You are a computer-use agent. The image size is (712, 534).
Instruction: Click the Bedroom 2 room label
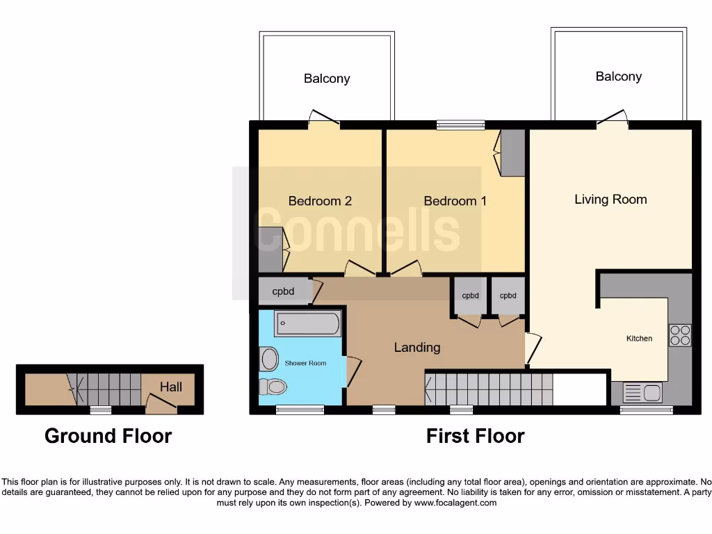320,201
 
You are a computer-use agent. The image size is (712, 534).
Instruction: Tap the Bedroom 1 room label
455,201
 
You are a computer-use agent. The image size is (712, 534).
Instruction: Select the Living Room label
610,200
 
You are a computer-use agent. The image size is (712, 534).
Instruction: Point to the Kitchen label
639,339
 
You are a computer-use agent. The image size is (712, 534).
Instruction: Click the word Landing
417,347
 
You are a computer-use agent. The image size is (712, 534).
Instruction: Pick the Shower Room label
305,363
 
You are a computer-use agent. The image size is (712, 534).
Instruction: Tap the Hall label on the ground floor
171,386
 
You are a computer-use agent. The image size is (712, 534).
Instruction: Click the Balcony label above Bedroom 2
327,79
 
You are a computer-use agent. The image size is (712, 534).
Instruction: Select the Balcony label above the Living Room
618,76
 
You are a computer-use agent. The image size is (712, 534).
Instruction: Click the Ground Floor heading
108,436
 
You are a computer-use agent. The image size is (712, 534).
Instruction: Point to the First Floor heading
475,436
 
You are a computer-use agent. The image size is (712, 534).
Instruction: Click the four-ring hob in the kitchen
679,335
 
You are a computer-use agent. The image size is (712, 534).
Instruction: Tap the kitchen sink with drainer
642,393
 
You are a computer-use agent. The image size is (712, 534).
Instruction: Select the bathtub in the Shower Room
307,323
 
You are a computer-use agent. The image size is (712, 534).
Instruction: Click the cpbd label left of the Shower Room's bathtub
283,291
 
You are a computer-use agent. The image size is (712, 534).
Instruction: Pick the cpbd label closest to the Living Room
508,296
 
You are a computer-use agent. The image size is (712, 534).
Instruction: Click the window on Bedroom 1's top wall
460,126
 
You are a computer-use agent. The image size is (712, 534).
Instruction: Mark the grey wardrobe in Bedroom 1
513,153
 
